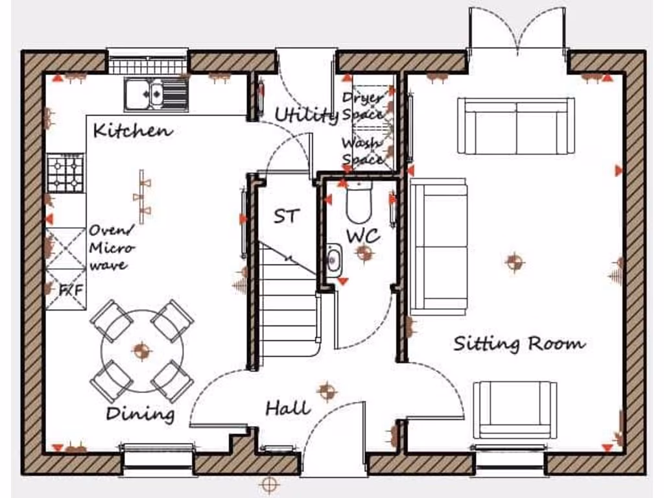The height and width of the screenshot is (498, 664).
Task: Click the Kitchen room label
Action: (133, 130)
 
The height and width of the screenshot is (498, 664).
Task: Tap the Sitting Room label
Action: (518, 343)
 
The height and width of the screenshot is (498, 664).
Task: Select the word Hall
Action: (288, 408)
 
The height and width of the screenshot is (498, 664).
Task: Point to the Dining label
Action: (140, 413)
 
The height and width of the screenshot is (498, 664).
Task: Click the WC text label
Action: (362, 236)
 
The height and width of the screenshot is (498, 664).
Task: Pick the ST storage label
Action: (286, 215)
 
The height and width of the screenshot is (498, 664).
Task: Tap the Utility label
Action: (306, 115)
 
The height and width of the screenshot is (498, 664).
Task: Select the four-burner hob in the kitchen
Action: (65, 173)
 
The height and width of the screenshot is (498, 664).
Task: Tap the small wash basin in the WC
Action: (333, 259)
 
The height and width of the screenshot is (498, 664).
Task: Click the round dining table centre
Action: (141, 351)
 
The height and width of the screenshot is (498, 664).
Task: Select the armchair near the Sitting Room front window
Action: (515, 410)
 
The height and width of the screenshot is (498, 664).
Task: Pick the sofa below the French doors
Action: (516, 126)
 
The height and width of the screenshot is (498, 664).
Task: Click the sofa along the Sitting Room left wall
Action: (439, 247)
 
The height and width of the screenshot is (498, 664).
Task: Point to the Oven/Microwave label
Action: (111, 247)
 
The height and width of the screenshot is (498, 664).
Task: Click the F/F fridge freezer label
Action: (71, 290)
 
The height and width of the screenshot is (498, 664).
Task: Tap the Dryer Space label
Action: (362, 105)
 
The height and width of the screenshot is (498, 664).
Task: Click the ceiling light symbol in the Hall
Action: (327, 391)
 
